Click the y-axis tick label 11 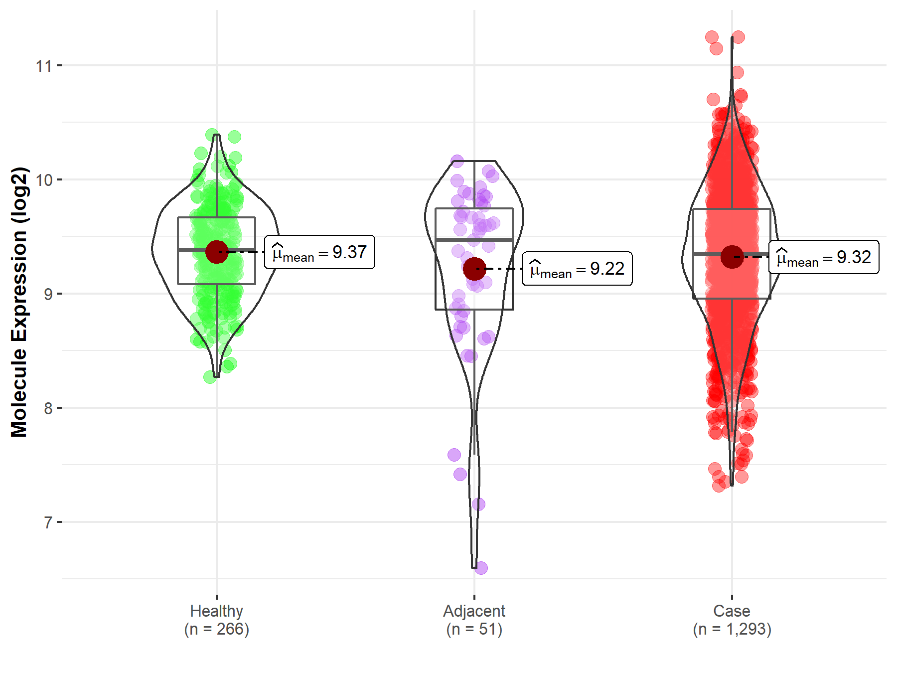(43, 66)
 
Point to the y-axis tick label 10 (43, 180)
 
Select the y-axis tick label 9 (48, 294)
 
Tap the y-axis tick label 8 (48, 408)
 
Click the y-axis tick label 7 (48, 522)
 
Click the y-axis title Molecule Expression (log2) (19, 302)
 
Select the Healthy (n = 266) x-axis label (216, 620)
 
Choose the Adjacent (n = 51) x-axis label (474, 620)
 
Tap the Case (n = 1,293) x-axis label (732, 620)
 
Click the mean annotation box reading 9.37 (319, 252)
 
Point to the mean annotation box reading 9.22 (577, 269)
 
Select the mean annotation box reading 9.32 (824, 257)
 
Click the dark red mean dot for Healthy (217, 252)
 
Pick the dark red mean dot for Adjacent (474, 269)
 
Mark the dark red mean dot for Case (732, 257)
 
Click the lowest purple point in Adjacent (481, 567)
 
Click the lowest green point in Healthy (210, 377)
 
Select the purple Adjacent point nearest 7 (478, 504)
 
